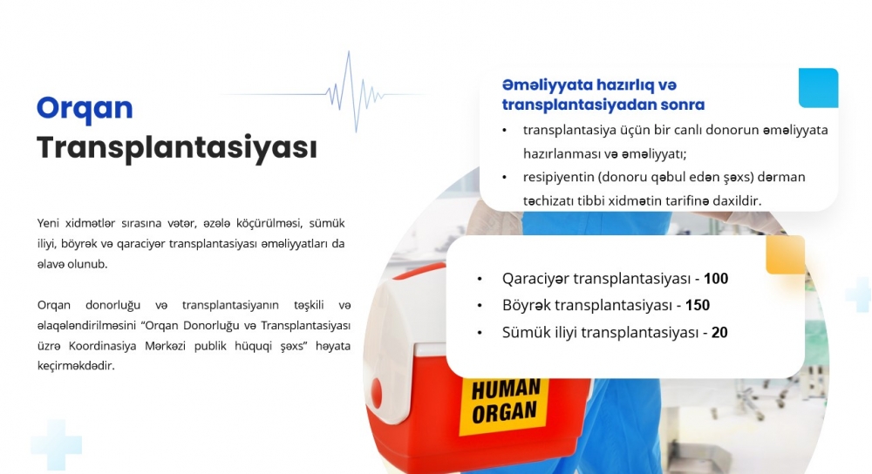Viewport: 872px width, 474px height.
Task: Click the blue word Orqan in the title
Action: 85,108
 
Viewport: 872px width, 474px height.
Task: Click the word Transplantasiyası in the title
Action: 177,148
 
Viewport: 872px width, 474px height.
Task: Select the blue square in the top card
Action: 818,88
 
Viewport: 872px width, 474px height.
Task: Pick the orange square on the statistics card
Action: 786,254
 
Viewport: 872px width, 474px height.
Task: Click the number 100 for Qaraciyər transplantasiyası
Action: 716,279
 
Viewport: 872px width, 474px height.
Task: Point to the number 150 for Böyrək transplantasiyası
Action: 698,305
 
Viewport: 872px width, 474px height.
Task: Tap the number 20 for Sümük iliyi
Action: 719,332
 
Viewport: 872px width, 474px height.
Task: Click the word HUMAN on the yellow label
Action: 506,389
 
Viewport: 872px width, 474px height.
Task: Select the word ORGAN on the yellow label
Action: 504,412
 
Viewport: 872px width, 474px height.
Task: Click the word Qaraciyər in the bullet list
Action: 535,279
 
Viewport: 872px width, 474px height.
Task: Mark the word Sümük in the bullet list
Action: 524,332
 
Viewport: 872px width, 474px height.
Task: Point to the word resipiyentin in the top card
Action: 558,177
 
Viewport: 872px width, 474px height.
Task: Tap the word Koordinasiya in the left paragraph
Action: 102,346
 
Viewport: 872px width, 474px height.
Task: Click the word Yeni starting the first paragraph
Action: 48,223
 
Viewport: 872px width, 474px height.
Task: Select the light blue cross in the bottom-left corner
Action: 56,445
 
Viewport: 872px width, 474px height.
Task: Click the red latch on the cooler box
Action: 377,393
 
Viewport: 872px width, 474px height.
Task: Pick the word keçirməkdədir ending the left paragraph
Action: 76,366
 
